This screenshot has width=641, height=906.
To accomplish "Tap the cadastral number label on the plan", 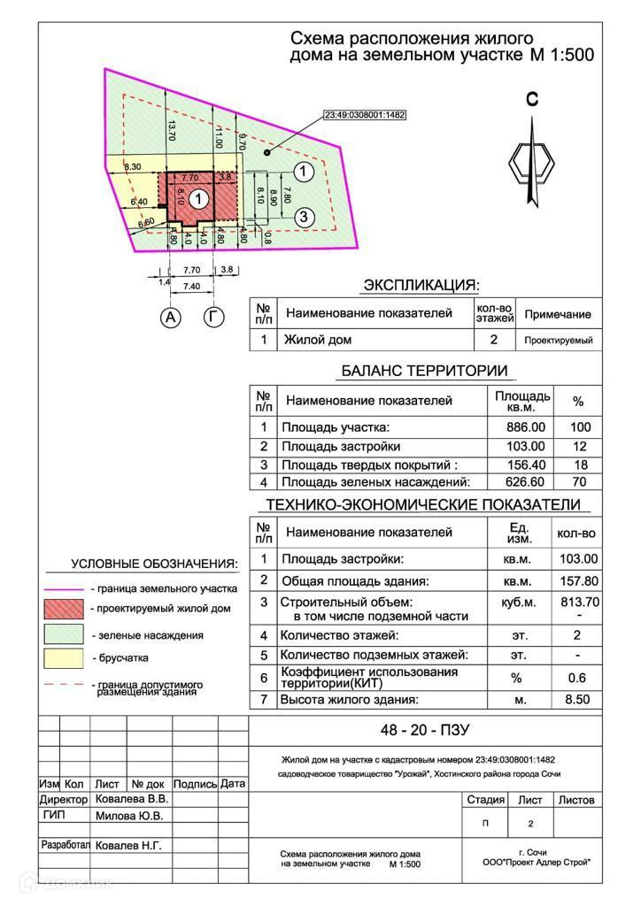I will pos(366,115).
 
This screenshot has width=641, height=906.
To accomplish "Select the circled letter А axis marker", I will pos(170,317).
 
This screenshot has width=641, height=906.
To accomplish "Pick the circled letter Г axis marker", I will pos(213,316).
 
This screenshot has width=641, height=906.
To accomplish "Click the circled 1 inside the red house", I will pos(200,199).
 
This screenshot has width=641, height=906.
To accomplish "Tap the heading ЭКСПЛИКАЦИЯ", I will pos(421,286).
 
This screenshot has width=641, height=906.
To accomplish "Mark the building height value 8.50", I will pos(577,700).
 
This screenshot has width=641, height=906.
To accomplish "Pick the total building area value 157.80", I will pos(577,581).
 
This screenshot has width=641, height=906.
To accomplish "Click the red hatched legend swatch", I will pos(64,609).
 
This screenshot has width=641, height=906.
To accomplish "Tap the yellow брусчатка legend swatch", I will pos(64,657).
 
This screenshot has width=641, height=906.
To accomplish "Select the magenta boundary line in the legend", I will pos(64,588).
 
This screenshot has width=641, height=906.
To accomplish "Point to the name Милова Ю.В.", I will pos(128,816).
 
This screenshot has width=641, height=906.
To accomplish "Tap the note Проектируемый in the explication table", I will pos(558,340).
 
